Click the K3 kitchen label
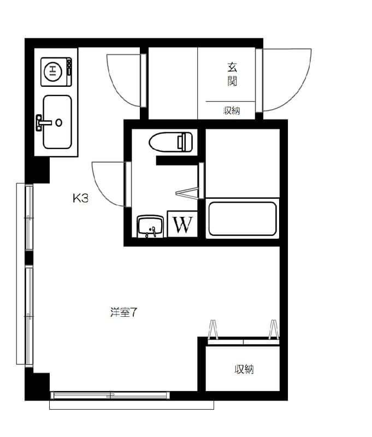pos(80,198)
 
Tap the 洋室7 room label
pos(123,312)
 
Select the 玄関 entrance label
pos(232,74)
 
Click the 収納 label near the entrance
pos(232,111)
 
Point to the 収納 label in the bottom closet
pos(244,369)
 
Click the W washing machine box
pos(182,224)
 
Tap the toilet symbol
pos(171,142)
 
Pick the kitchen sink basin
pos(57,122)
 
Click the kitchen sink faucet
pos(43,122)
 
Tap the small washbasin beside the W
pos(150,226)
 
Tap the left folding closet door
pos(213,329)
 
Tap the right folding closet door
pos(273,329)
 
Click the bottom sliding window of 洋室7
pos(110,395)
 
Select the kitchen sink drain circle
pos(59,122)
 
